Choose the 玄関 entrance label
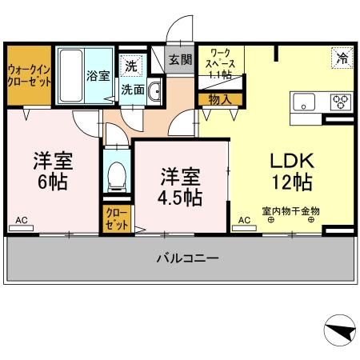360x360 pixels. [180, 59]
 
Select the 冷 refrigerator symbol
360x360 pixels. [342, 57]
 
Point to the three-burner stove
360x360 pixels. [340, 102]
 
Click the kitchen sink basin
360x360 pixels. [306, 102]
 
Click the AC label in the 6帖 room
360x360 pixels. [22, 219]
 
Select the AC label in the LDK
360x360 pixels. [244, 219]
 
